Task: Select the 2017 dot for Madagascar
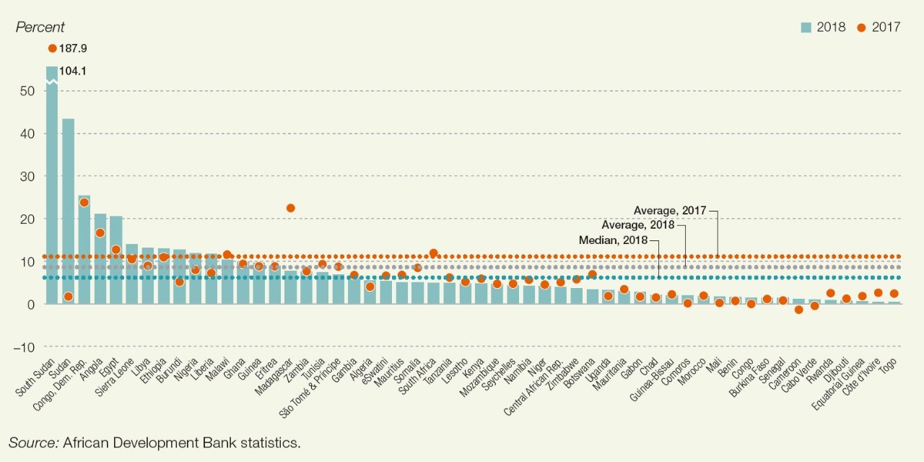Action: point(290,208)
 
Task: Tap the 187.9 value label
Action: point(74,48)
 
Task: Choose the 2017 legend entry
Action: point(879,27)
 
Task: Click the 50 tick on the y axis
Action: point(27,91)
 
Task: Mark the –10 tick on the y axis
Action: point(25,347)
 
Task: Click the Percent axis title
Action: point(40,27)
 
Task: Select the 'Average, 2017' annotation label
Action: point(670,210)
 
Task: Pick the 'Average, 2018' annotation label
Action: point(637,225)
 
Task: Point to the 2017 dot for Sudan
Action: point(68,297)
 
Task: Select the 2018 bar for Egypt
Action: point(115,260)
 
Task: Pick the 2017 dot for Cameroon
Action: point(798,310)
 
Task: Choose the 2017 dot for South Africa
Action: point(433,253)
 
